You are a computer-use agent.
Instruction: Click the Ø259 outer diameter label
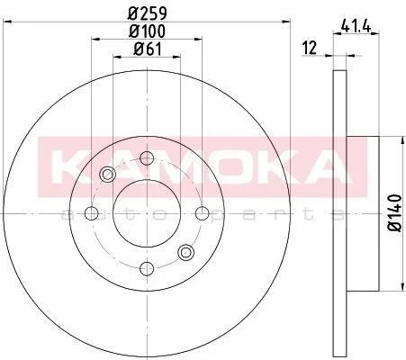click(x=147, y=13)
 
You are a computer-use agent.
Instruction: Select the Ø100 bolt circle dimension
click(x=147, y=31)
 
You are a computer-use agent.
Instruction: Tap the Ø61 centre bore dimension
click(x=147, y=49)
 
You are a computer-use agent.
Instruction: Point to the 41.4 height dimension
click(x=356, y=28)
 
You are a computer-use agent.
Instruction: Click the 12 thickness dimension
click(x=310, y=48)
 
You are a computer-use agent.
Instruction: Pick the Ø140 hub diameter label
click(x=394, y=212)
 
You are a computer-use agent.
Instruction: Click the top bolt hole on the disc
click(x=147, y=158)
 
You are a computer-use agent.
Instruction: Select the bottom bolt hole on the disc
click(x=147, y=268)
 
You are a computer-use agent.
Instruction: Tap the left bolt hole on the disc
click(x=92, y=213)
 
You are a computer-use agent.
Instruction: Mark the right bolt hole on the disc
click(x=203, y=213)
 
